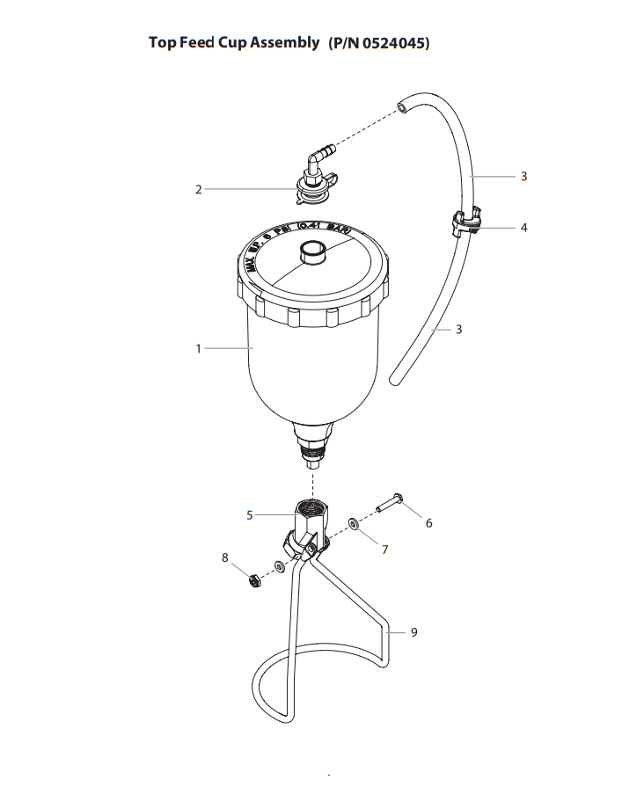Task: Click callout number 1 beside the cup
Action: pos(199,349)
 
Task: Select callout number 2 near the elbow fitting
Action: pos(199,189)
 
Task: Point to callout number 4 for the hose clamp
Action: pos(523,228)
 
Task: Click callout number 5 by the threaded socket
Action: pos(250,515)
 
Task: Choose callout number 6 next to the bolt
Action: pos(428,523)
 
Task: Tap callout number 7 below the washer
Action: pos(384,549)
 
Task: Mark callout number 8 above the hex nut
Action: pos(225,557)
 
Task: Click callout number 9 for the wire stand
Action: pos(413,631)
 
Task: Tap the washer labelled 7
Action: pos(352,524)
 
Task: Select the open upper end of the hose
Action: pos(401,106)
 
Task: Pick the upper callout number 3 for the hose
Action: pos(523,177)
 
